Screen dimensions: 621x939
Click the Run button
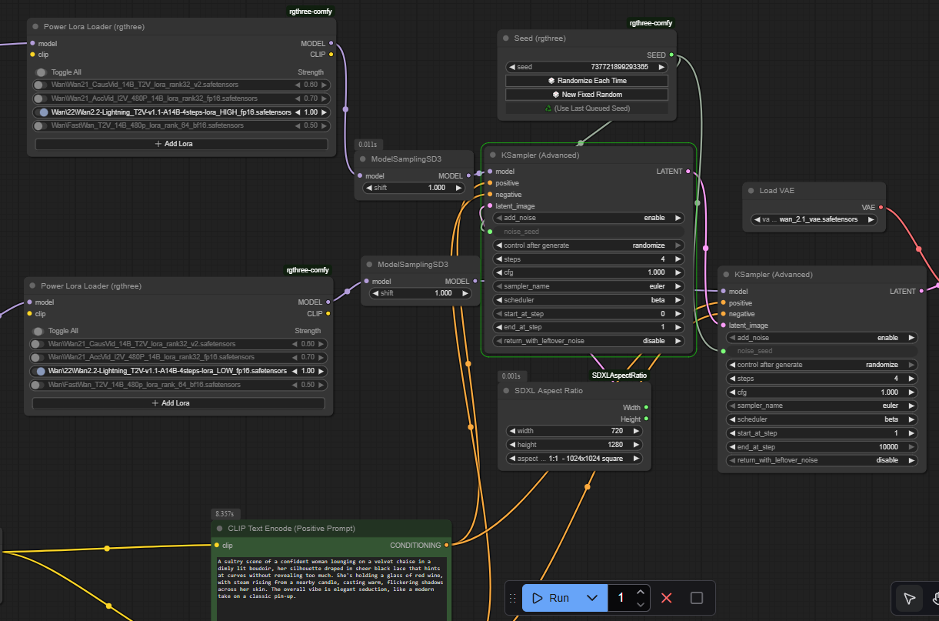[551, 598]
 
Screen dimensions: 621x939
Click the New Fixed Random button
[587, 95]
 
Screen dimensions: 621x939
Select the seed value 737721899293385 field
[587, 67]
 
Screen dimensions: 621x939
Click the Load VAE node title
[777, 191]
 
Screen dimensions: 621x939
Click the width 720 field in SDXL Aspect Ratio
[574, 431]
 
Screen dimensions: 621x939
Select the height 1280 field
[574, 445]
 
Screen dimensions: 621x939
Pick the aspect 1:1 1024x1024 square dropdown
[574, 459]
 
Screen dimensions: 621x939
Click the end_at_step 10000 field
[821, 446]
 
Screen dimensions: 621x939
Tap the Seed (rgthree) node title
[540, 38]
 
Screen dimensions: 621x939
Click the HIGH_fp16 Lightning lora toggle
[42, 112]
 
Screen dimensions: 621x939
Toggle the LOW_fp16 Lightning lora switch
[39, 371]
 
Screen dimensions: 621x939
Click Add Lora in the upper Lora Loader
[181, 144]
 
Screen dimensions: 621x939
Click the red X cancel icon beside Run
[667, 598]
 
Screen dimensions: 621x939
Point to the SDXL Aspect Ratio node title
[548, 391]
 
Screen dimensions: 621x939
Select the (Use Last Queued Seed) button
[587, 109]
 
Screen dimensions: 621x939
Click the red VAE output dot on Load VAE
[881, 208]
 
